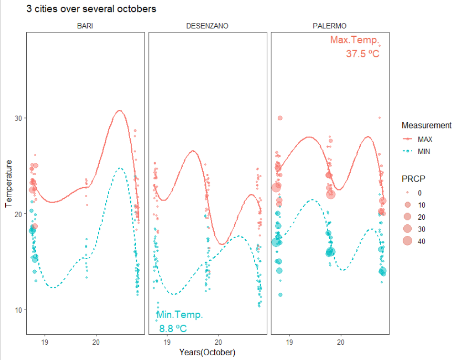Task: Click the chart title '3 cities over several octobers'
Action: [x=91, y=9]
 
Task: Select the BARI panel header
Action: [x=85, y=26]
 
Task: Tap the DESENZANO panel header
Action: [x=207, y=26]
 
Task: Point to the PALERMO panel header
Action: [x=330, y=26]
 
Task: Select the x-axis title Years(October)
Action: [x=208, y=352]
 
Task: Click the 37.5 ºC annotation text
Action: [x=363, y=54]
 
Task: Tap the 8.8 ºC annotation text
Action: [x=173, y=328]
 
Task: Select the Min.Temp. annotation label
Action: [x=180, y=315]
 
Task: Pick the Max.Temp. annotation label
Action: [x=355, y=40]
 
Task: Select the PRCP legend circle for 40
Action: [x=407, y=242]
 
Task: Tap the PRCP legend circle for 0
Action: [x=407, y=193]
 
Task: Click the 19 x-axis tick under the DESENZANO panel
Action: [x=167, y=342]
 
